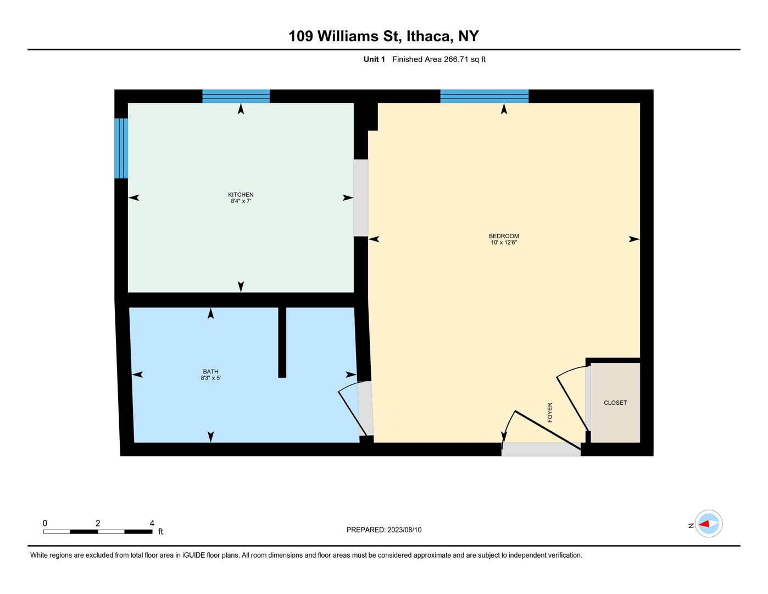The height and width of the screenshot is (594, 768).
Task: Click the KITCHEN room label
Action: (x=241, y=195)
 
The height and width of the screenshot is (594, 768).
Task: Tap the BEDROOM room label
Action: (x=504, y=236)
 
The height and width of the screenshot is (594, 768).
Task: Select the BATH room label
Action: (x=210, y=371)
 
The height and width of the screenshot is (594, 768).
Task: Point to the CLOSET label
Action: (x=615, y=403)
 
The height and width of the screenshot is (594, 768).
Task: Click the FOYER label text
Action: (x=550, y=413)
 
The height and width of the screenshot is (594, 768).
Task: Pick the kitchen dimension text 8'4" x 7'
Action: (x=241, y=201)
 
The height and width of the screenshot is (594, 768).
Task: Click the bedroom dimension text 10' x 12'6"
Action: (x=504, y=243)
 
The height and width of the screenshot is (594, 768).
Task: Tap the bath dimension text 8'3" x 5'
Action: (x=210, y=378)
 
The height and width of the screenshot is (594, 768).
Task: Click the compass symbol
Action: (x=708, y=524)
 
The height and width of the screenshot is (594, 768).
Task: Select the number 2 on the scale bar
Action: (x=98, y=523)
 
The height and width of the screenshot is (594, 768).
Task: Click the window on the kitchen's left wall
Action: (x=121, y=148)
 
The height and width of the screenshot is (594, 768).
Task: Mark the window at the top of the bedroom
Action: (x=484, y=96)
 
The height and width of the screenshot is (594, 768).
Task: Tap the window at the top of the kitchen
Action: (x=236, y=96)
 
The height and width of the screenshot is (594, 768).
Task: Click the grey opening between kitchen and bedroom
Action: (x=361, y=198)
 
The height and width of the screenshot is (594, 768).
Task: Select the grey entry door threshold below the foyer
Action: (x=541, y=449)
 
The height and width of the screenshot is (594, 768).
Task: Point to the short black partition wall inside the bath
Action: (x=282, y=343)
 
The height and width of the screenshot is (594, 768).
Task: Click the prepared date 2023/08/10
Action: (x=404, y=530)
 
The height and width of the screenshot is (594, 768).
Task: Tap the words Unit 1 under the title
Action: (x=374, y=59)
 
